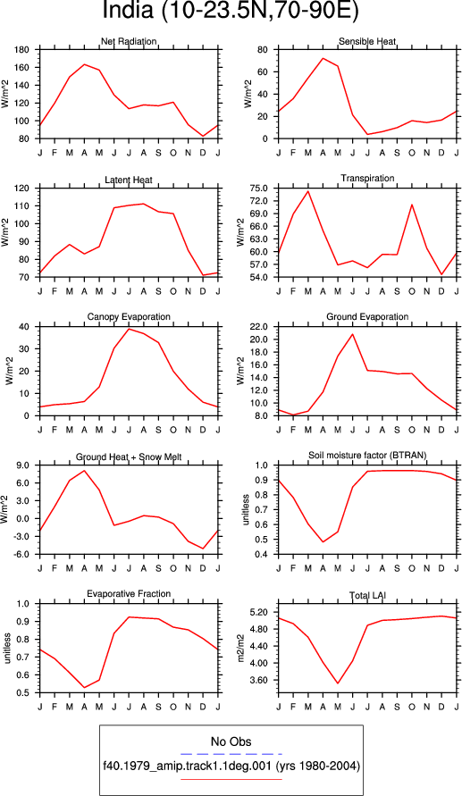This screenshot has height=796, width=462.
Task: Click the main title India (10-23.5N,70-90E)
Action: (231, 11)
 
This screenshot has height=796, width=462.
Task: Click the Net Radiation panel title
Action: (129, 41)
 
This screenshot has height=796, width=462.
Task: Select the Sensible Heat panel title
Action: (367, 41)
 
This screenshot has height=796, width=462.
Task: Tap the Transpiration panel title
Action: (367, 178)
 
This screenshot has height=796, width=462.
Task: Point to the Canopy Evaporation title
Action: (129, 317)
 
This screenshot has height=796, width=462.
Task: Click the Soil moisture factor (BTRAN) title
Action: (367, 455)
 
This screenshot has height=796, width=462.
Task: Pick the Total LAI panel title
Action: (367, 594)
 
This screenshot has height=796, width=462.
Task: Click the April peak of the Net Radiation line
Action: (84, 64)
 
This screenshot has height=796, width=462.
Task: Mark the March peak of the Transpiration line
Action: (307, 191)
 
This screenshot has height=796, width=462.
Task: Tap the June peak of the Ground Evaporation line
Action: (352, 334)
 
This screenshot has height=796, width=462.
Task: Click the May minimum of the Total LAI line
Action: (338, 683)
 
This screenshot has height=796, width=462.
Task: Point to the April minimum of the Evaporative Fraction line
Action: (84, 688)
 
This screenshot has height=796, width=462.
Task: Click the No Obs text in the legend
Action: (231, 742)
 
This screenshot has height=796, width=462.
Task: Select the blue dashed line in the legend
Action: (231, 754)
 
